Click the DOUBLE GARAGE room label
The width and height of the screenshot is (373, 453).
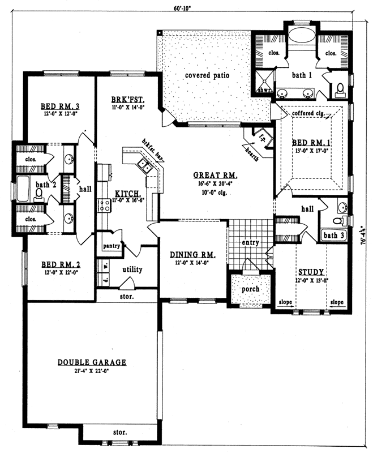click(x=92, y=362)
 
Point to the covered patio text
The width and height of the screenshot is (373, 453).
click(x=205, y=75)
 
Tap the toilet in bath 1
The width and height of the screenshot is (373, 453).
click(x=340, y=89)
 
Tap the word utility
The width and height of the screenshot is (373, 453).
click(x=132, y=270)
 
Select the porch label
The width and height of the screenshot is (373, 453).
click(x=250, y=289)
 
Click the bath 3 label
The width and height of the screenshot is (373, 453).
click(x=332, y=234)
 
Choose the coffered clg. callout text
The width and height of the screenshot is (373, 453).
click(x=308, y=113)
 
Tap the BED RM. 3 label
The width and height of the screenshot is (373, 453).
click(x=59, y=106)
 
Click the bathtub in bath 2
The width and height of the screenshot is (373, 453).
click(x=23, y=189)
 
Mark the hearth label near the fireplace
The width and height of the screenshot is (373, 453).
click(x=252, y=152)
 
